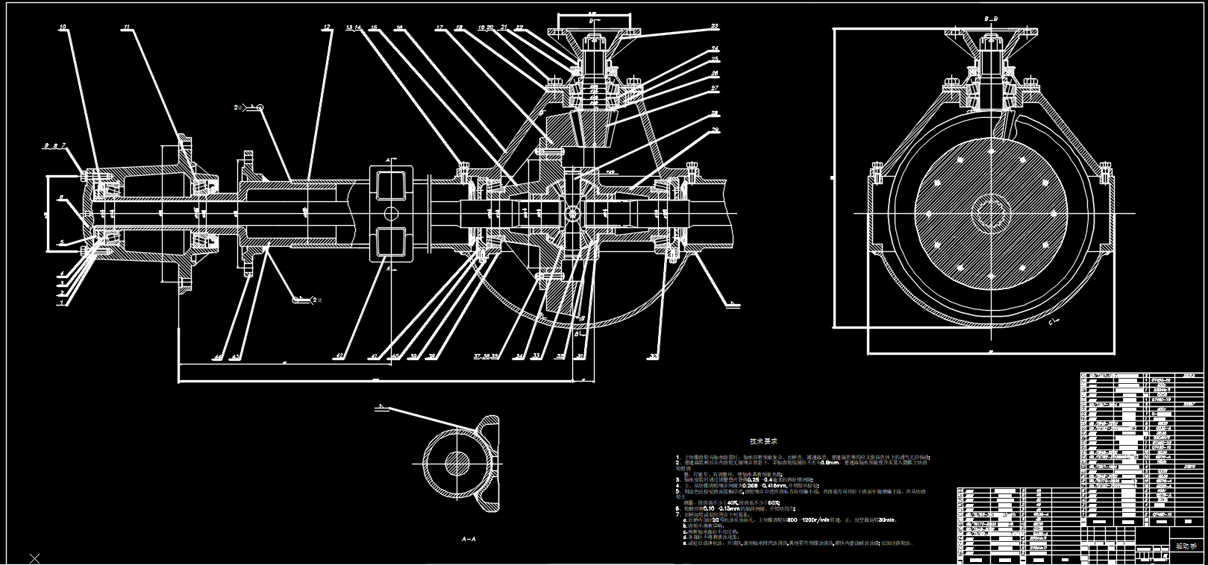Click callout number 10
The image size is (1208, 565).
point(63,27)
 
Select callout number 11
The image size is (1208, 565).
point(126,27)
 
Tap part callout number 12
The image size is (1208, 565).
point(327,27)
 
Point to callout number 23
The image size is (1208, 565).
point(714,26)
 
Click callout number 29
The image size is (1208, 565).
point(716,130)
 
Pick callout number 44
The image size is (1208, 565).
point(217,357)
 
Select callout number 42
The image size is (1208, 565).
point(339,357)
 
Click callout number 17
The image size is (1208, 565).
point(439,28)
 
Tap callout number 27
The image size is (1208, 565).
point(715,88)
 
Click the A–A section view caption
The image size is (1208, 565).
point(469,538)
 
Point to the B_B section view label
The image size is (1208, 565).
point(992,17)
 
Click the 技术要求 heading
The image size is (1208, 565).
point(763,441)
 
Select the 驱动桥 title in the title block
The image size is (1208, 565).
point(1186,546)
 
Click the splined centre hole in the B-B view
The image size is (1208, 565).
point(991,214)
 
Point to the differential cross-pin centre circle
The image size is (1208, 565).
point(572,213)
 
